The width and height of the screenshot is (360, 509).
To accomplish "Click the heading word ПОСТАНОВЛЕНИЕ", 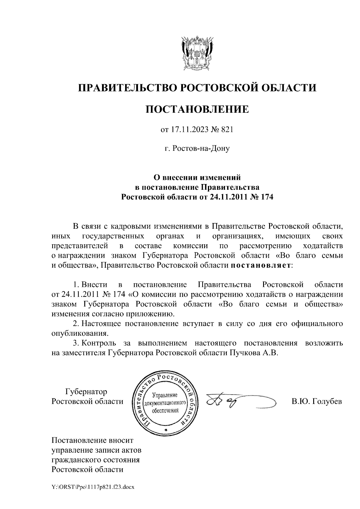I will tap(197, 109).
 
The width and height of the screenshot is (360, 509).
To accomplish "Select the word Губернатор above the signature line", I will tap(86, 391).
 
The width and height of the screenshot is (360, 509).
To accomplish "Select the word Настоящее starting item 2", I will tap(101, 324).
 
